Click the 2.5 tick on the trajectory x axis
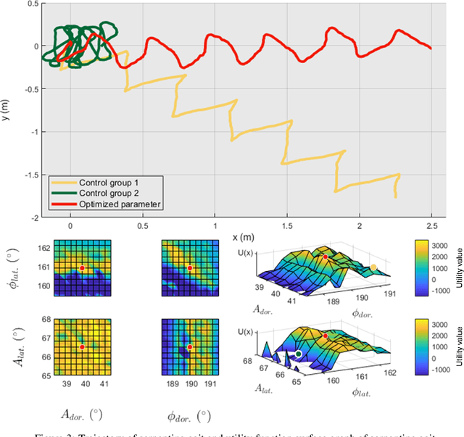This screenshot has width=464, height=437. point(431,226)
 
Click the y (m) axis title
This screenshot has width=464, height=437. point(7,109)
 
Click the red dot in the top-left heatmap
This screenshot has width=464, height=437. point(82,268)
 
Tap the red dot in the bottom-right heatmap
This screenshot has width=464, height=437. point(189,347)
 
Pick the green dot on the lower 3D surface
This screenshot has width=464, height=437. point(299,354)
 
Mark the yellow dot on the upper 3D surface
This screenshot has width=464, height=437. point(373,267)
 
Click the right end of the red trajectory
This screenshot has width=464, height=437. point(431,49)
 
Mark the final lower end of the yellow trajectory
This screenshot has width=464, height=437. point(396,196)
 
